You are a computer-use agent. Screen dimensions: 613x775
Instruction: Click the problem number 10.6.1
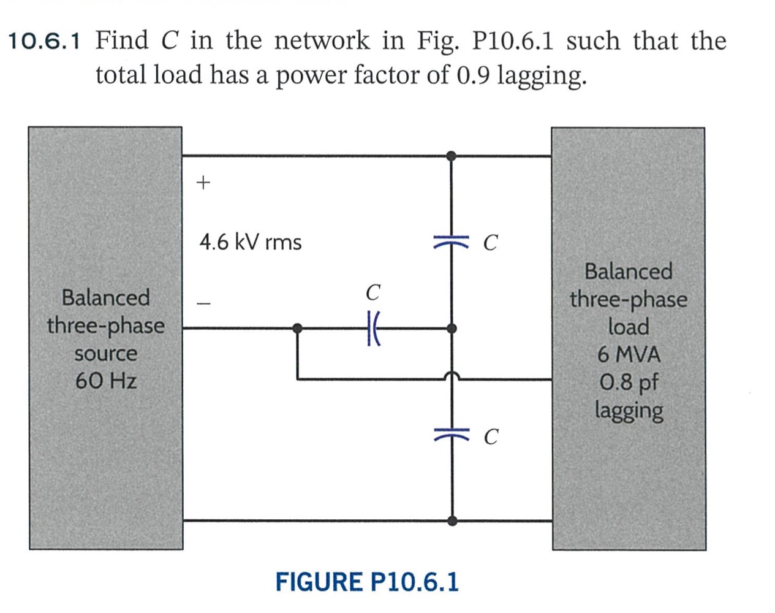click(44, 42)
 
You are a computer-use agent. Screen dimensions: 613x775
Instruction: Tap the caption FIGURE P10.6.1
click(366, 582)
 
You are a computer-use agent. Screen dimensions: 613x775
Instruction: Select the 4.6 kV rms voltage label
click(250, 242)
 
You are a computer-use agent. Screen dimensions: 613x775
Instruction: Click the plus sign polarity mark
click(203, 182)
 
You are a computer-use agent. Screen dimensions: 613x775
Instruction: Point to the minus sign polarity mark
click(203, 303)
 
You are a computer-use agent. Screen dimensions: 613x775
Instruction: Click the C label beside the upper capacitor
click(490, 243)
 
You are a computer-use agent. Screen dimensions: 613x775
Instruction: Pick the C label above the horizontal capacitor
click(372, 292)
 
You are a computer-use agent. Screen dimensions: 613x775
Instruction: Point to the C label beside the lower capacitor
click(491, 437)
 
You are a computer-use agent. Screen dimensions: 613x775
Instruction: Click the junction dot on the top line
click(452, 156)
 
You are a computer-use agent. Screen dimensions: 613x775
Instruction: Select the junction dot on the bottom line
click(452, 521)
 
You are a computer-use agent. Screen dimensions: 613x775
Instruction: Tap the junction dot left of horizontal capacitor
click(297, 329)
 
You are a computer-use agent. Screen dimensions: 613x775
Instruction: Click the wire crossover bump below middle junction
click(452, 376)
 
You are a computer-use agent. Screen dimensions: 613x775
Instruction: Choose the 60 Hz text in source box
click(106, 381)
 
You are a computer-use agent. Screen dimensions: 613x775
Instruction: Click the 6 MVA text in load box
click(629, 354)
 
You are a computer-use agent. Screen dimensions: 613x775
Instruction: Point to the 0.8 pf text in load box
click(629, 383)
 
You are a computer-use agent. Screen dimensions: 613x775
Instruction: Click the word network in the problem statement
click(322, 41)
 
